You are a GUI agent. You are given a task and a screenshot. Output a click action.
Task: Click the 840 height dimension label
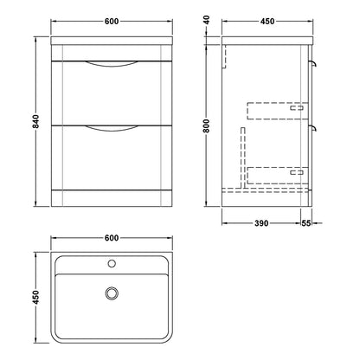35,121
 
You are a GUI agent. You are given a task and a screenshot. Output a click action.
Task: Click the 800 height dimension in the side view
206,125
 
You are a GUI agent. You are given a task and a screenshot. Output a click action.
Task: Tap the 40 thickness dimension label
207,20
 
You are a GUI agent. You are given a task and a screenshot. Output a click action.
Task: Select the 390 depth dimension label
261,223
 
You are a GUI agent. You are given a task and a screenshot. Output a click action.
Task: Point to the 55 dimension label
306,223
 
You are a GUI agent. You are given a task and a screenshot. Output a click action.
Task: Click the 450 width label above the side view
267,21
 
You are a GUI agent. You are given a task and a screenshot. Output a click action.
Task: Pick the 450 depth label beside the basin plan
35,297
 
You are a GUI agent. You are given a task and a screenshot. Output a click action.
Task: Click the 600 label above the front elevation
112,21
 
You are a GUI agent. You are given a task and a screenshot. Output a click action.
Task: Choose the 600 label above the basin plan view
112,238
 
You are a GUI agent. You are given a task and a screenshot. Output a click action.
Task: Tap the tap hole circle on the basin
112,263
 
